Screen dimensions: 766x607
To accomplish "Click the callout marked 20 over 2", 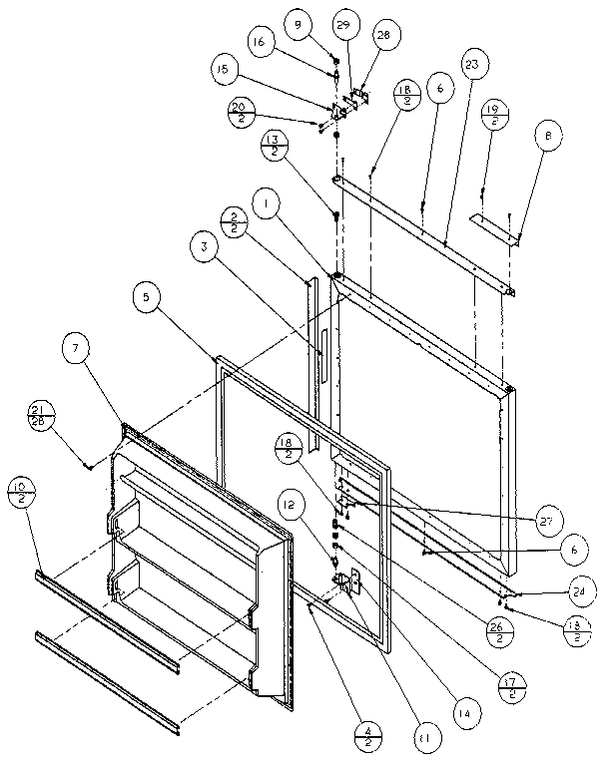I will click(240, 111).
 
